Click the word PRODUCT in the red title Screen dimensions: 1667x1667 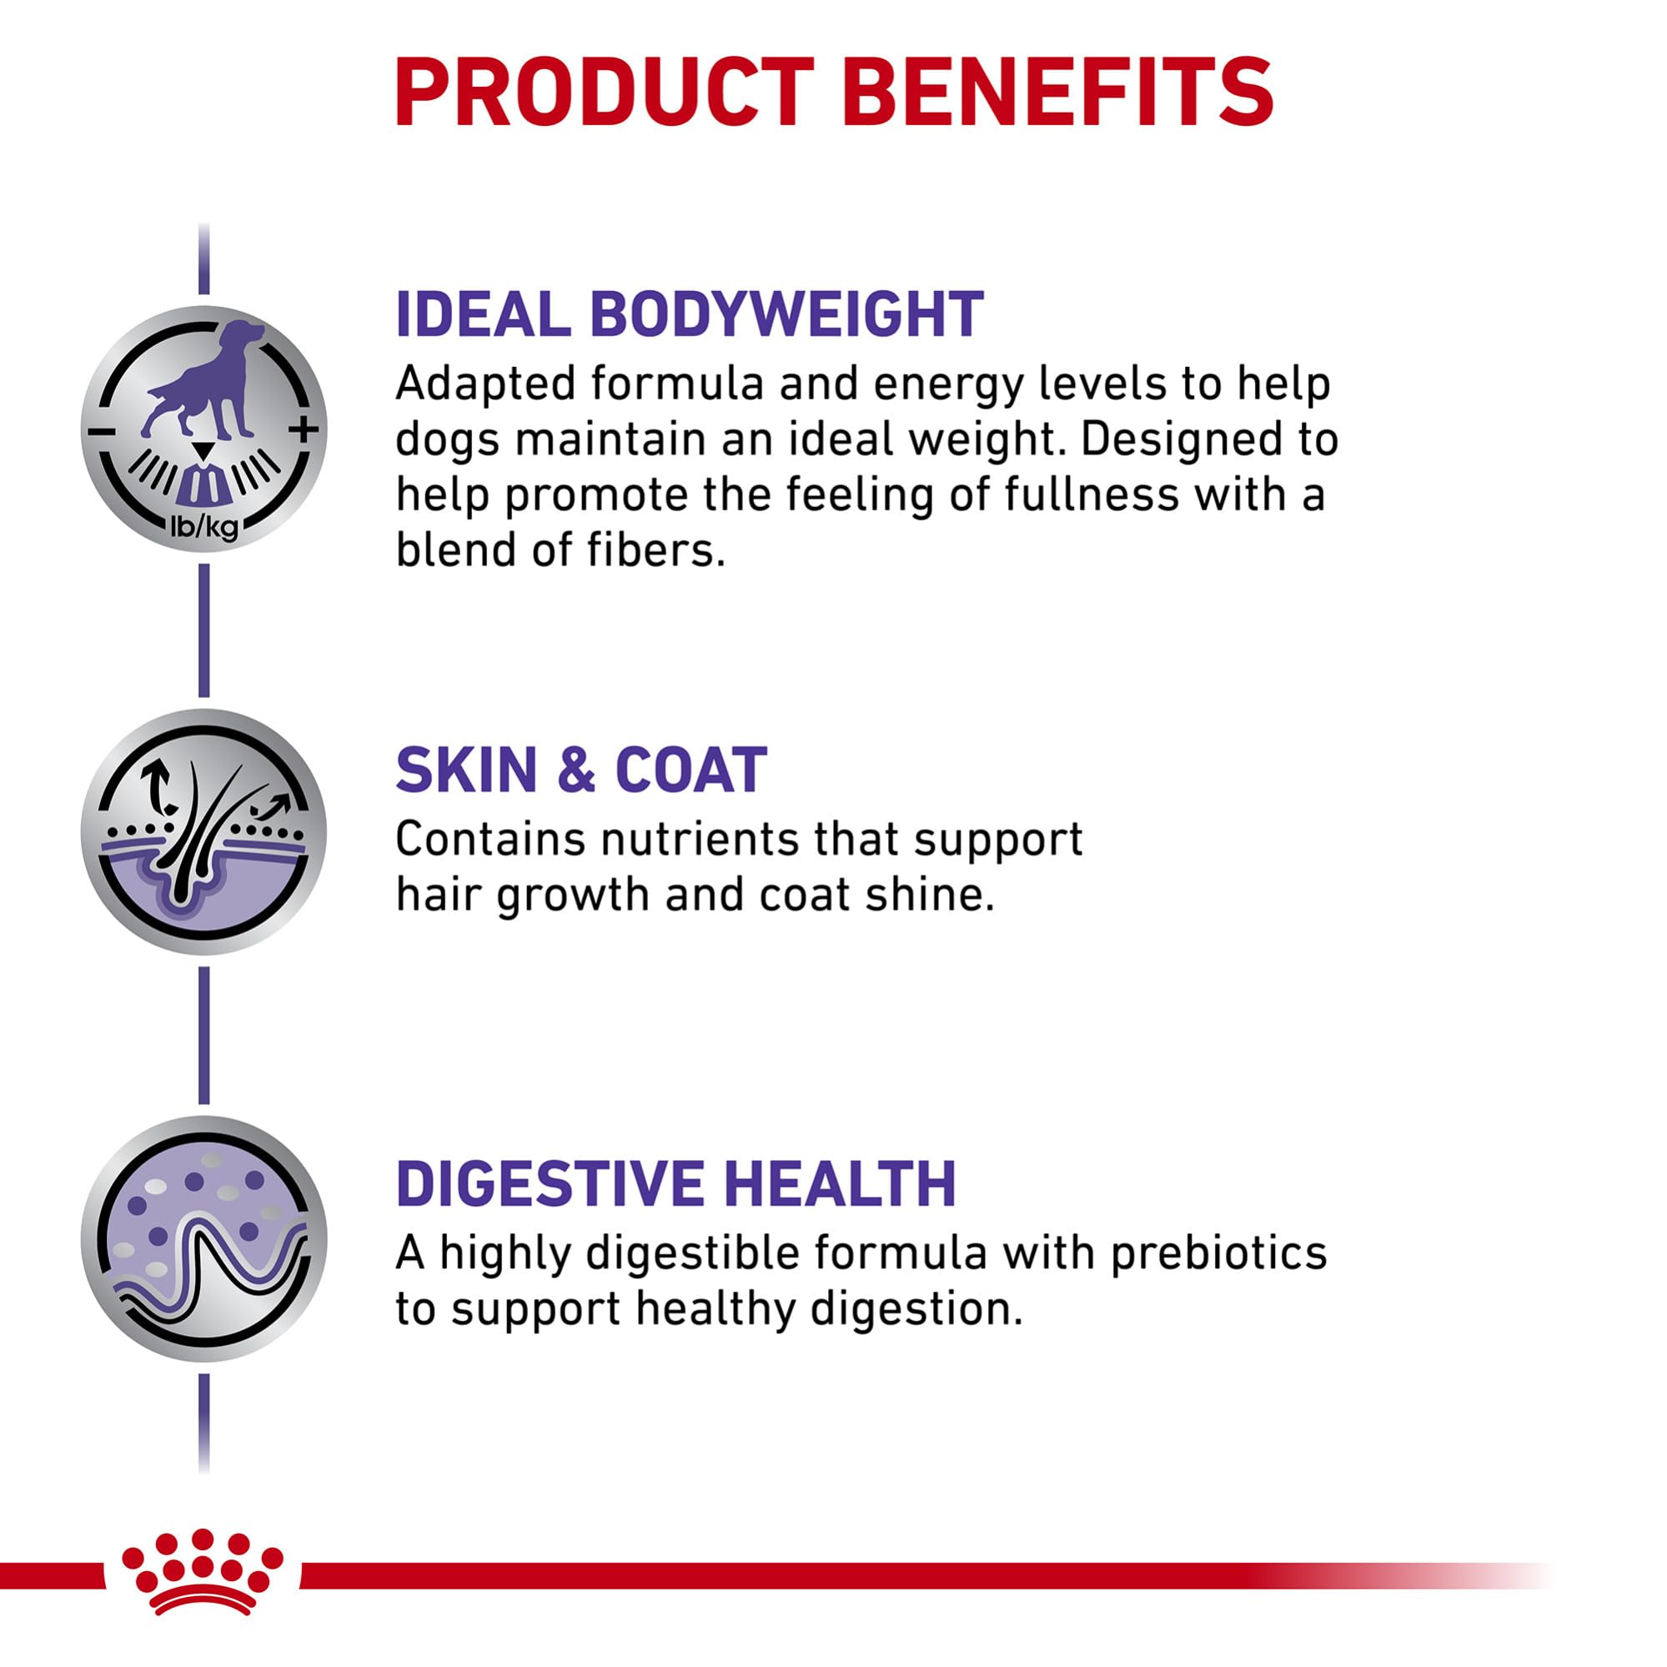[604, 93]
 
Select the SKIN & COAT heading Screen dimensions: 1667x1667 [580, 770]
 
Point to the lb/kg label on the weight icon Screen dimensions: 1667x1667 [203, 525]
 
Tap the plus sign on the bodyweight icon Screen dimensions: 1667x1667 [304, 429]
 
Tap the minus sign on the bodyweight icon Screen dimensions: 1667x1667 [101, 430]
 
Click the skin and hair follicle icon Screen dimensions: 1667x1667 [203, 831]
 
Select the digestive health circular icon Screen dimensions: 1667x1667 [203, 1239]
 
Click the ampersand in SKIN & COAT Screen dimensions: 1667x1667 [576, 770]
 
